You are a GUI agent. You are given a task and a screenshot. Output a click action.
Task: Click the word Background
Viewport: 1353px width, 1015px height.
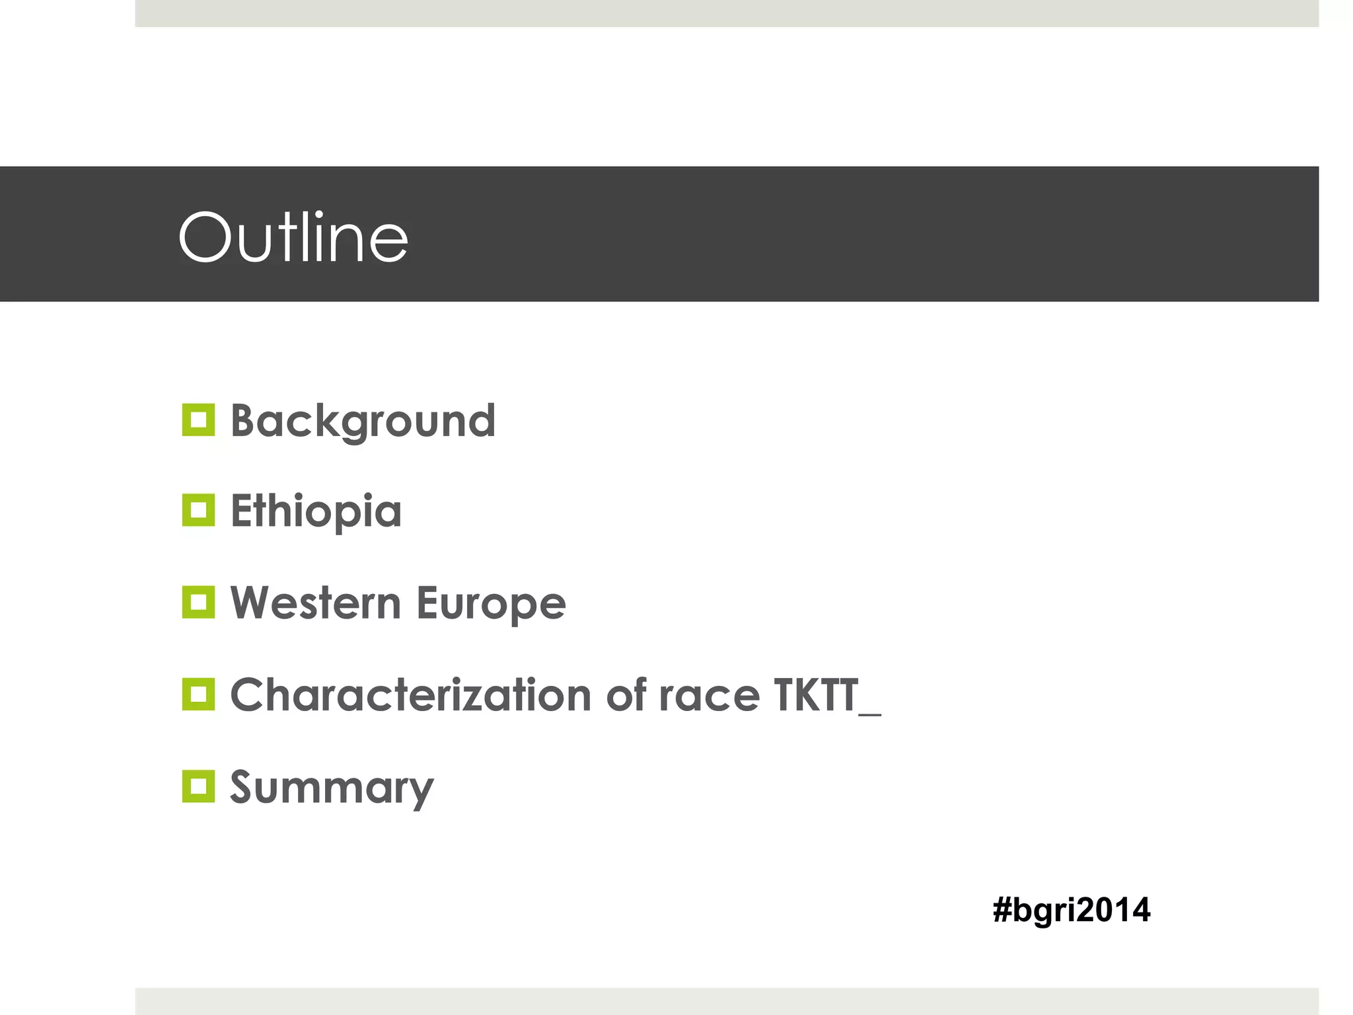[x=363, y=421]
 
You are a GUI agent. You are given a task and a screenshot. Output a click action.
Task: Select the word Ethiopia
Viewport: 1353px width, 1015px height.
[x=316, y=511]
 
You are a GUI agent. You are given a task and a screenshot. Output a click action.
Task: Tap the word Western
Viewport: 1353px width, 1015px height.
[x=316, y=603]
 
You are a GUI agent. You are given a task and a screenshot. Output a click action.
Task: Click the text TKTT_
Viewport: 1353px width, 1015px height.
[x=826, y=695]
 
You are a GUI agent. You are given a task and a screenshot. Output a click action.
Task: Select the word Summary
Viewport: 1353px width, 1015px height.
[x=332, y=788]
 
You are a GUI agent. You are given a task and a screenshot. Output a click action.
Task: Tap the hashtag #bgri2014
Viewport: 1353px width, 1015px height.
[x=1071, y=910]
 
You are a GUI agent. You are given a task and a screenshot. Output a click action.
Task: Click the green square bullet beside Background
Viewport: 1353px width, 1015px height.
[x=198, y=420]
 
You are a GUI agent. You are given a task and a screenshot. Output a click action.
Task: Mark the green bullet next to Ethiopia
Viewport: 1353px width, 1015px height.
[x=198, y=510]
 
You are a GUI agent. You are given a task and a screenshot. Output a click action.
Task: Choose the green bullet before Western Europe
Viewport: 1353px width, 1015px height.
[x=198, y=602]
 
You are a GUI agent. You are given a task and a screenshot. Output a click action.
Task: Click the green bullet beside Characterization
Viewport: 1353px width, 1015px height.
[x=198, y=694]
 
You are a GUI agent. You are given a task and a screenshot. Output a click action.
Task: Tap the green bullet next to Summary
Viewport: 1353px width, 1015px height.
[x=198, y=786]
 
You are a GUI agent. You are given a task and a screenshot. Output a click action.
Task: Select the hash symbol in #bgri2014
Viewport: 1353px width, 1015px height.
[x=1002, y=910]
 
